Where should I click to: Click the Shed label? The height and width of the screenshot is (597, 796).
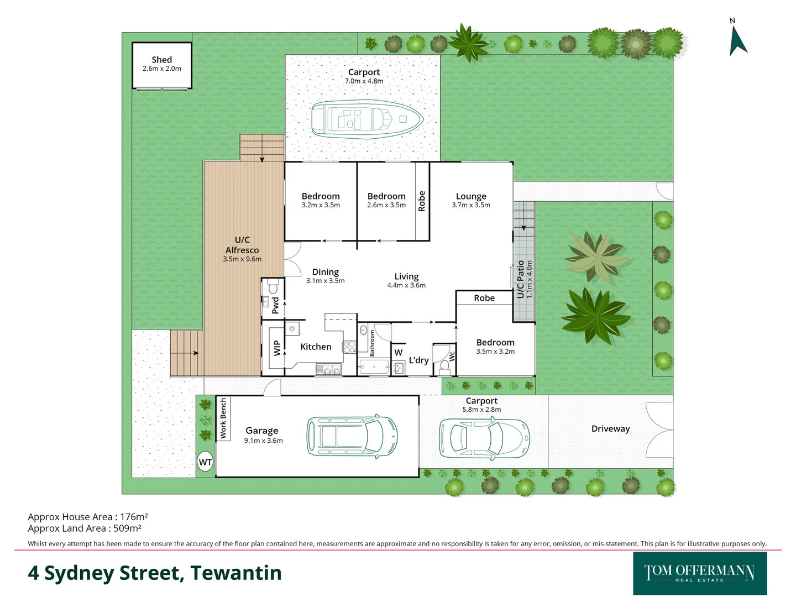coord(161,60)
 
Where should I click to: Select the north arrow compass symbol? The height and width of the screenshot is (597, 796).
coord(737,40)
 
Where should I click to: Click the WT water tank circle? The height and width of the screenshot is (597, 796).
coord(205,463)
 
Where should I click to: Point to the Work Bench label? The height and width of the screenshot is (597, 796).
coord(223,418)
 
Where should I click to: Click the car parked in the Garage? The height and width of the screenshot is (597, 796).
coord(352,436)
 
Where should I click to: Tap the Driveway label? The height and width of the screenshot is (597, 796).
coord(610,429)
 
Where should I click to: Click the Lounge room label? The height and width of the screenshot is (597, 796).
coord(471,196)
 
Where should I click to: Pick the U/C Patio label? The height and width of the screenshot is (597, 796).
coord(520,280)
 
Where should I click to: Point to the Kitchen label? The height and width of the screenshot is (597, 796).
coord(316,347)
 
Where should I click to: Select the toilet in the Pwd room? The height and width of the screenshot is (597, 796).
coord(273,287)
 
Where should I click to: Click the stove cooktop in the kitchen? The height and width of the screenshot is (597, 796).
coord(349,347)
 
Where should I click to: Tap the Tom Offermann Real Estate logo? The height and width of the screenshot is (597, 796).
coord(700,573)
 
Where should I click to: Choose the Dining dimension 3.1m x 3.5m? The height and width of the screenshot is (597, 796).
coord(325,281)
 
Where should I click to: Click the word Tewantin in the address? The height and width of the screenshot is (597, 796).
coord(236,573)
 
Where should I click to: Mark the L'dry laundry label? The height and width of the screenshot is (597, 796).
coord(418,360)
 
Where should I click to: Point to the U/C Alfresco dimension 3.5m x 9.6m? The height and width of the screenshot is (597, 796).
coord(242,259)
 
